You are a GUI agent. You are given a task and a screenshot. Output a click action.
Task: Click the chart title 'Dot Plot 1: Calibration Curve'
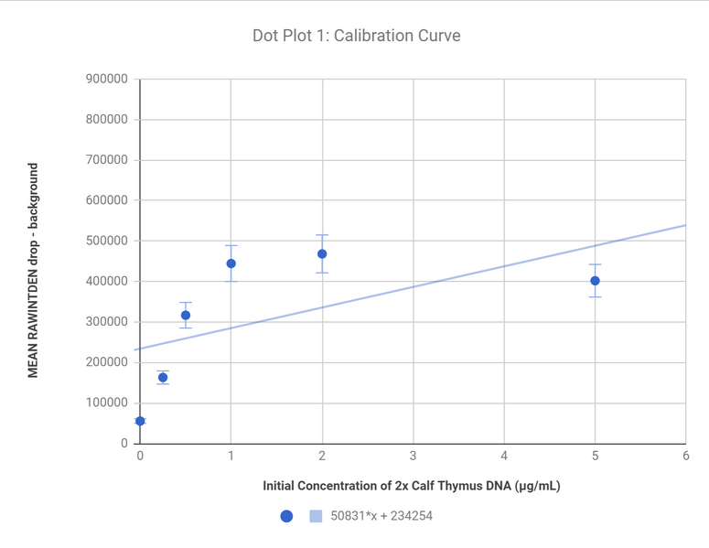356,37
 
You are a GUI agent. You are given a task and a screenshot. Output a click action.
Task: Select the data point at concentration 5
595,281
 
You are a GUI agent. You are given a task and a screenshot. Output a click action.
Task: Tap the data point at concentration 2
322,254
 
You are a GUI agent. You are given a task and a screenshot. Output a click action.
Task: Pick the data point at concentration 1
231,263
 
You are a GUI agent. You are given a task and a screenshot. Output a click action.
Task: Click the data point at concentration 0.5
186,316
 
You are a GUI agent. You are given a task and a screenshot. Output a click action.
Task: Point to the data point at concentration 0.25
163,378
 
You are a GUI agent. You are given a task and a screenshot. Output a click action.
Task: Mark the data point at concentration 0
140,421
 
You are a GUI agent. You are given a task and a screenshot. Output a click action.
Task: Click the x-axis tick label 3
413,456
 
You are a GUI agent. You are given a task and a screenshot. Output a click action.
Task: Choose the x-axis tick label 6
685,456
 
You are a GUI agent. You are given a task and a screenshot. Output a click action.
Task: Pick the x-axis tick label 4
504,456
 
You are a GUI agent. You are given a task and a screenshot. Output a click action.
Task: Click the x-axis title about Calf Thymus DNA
412,486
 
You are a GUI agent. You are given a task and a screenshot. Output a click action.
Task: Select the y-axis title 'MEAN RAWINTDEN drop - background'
33,271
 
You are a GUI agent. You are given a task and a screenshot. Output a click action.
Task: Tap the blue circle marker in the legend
286,516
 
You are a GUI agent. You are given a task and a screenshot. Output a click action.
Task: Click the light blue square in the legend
316,516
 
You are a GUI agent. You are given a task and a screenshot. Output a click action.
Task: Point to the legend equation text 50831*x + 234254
381,516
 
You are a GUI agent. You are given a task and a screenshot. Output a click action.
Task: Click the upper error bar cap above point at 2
322,235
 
